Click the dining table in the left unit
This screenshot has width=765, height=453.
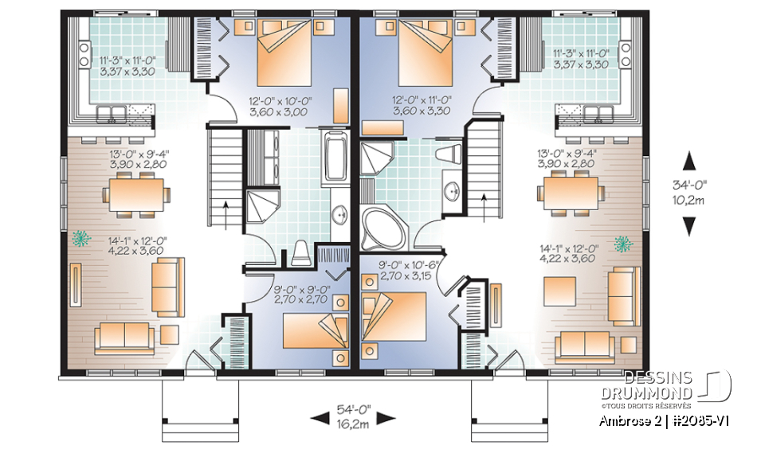tap(136, 193)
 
